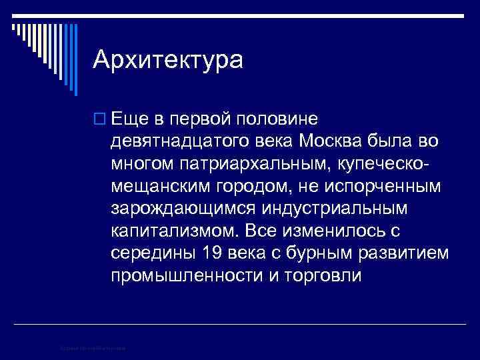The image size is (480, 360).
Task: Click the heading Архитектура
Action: [168, 60]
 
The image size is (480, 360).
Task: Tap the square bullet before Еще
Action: [99, 119]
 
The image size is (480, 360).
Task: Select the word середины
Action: [151, 253]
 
